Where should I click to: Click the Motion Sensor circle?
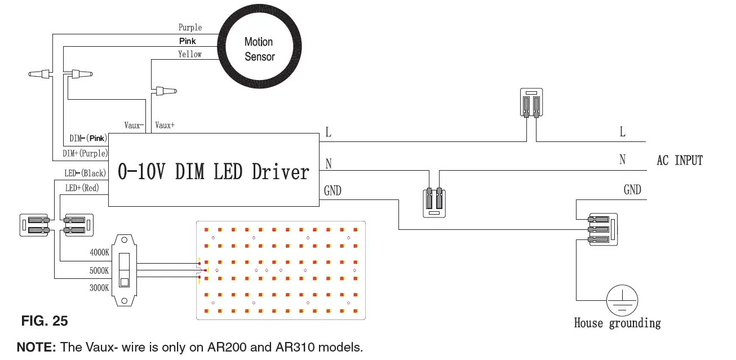coord(259,48)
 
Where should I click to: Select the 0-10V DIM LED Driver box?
coord(214,170)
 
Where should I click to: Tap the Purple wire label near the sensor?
coord(190,28)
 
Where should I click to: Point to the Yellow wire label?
coord(190,54)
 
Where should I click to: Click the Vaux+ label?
coord(165,126)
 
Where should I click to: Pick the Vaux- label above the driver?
coord(134,126)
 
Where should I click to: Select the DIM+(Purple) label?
coord(85,153)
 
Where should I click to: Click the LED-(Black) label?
coord(85,174)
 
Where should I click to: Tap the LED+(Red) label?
coord(82,188)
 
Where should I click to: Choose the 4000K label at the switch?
coord(99,253)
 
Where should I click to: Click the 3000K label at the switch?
coord(99,288)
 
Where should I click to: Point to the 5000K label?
coord(99,270)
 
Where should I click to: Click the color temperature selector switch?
coord(125,270)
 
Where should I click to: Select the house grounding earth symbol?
coord(622,300)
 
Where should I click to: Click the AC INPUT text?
coord(680,161)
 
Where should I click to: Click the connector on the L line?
coord(530,103)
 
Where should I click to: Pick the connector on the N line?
coord(434,202)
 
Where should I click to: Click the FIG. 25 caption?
coord(45,321)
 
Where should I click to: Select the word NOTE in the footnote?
coord(36,347)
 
